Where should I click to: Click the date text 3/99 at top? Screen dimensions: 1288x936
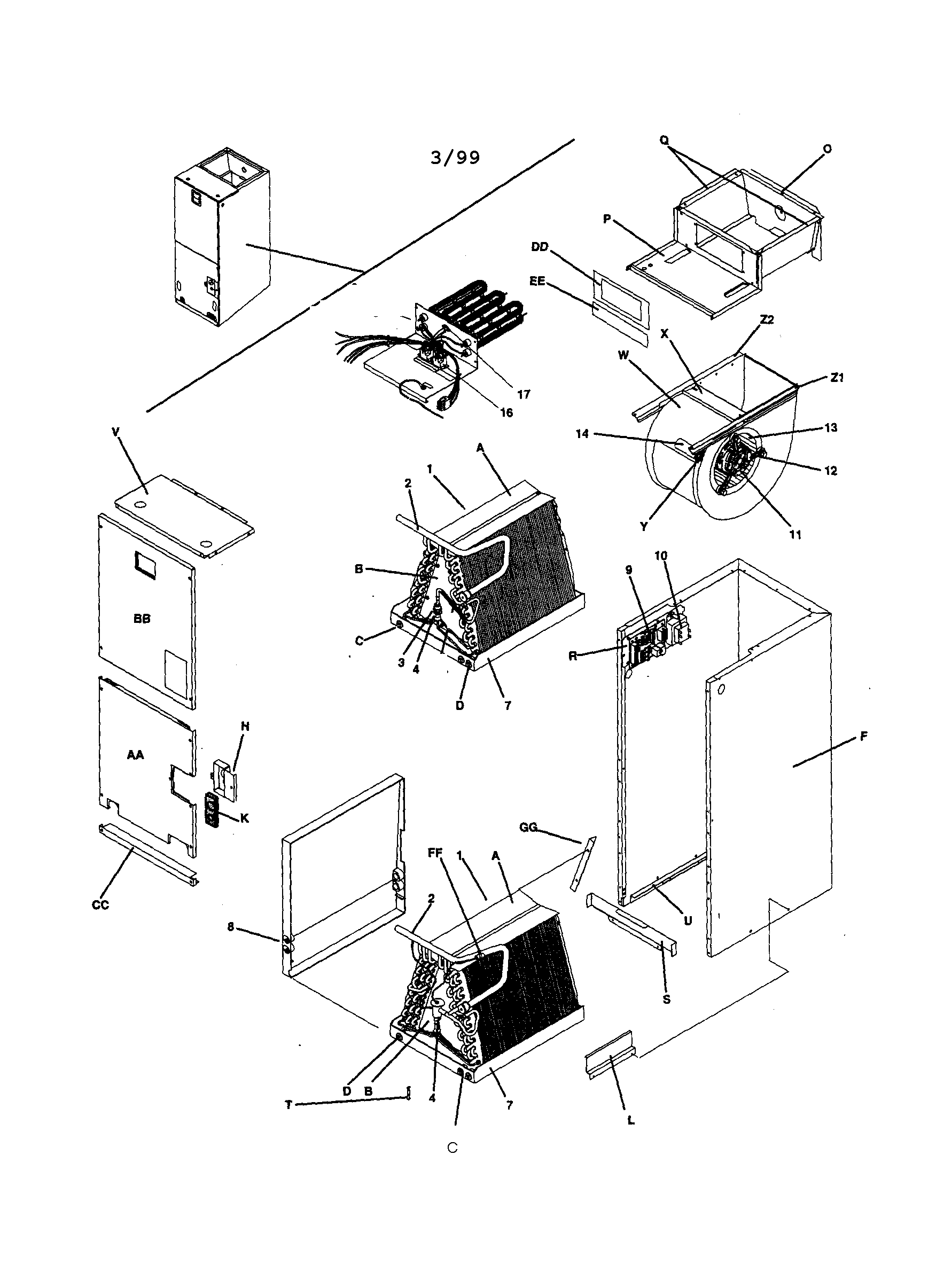pyautogui.click(x=455, y=157)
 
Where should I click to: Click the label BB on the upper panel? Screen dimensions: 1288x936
pyautogui.click(x=142, y=619)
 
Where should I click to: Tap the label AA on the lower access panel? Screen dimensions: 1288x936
pyautogui.click(x=135, y=755)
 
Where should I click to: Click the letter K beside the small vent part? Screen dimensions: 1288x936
pyautogui.click(x=244, y=818)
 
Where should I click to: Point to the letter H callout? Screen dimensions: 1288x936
pyautogui.click(x=245, y=727)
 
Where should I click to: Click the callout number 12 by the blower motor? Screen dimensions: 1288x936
pyautogui.click(x=830, y=471)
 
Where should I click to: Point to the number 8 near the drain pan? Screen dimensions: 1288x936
pyautogui.click(x=231, y=926)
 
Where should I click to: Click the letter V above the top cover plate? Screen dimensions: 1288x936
pyautogui.click(x=116, y=432)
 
